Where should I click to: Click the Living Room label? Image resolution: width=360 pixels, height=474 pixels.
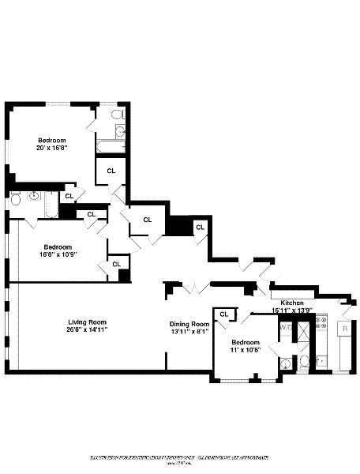click(x=87, y=322)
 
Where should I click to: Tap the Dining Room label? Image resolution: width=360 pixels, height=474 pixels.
click(x=189, y=324)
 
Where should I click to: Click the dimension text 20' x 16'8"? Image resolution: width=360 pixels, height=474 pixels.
click(x=51, y=147)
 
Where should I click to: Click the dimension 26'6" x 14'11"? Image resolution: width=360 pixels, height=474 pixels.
click(x=87, y=329)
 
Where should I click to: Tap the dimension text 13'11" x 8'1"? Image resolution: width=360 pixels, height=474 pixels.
click(x=189, y=332)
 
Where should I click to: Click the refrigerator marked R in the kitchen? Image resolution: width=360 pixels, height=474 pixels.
click(x=344, y=326)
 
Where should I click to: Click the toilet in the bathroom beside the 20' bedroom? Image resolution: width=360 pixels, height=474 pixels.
click(x=118, y=117)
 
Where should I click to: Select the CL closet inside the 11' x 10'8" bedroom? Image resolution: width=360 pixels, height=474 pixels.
click(x=223, y=314)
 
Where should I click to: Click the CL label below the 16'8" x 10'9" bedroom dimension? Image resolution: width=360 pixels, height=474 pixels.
click(x=116, y=264)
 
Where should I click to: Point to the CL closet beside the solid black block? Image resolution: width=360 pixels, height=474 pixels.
click(x=200, y=228)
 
